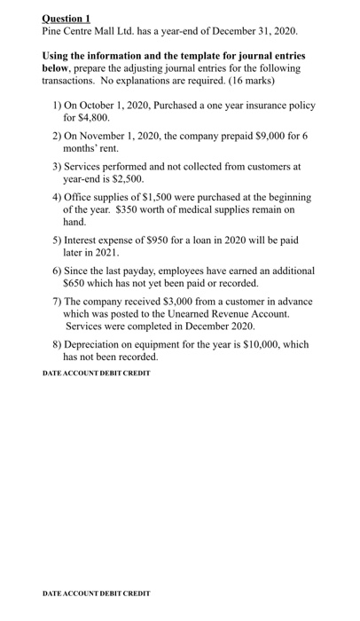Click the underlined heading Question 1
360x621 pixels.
[x=67, y=18]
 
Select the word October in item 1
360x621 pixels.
[x=99, y=105]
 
